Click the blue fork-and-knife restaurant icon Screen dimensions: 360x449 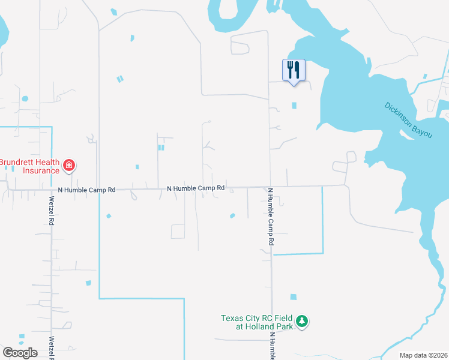coord(294,70)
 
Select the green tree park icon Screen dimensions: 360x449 coord(303,322)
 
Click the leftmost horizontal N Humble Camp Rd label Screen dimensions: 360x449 coord(86,190)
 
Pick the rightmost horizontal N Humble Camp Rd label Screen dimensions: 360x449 coord(196,188)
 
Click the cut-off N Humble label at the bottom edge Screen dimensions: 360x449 coord(272,346)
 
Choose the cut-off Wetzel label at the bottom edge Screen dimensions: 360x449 coord(52,349)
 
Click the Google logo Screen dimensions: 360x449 coord(20,352)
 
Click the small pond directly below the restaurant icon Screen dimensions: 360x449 coord(294,106)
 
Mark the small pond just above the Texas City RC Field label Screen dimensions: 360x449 coord(293,296)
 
